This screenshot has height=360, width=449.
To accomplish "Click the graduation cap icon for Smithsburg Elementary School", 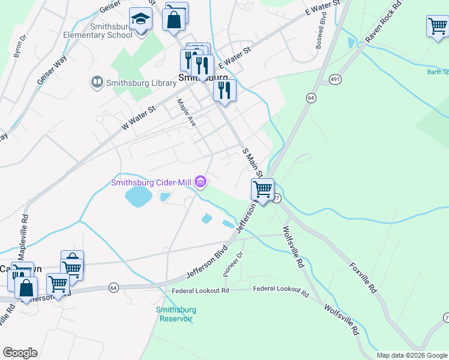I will click(140, 20).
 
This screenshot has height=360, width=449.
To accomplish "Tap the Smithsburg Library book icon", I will click(96, 82).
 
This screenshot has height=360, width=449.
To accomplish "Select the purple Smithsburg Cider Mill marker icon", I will click(201, 181).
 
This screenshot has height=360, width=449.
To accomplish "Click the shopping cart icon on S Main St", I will click(262, 190).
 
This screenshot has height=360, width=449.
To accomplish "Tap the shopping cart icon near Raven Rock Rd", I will click(438, 26).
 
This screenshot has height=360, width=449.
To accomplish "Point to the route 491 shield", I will click(335, 79).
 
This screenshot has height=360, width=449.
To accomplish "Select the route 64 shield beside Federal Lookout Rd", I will click(113, 288).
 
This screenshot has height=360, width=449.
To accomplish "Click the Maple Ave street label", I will click(185, 113).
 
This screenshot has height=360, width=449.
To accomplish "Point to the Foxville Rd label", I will click(363, 275).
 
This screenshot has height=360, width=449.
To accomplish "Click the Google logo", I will click(20, 353).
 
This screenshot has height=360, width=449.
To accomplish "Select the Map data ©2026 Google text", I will click(412, 355).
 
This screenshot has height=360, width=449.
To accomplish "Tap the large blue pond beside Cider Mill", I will click(137, 196).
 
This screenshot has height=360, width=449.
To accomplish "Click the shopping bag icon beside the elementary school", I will click(174, 19).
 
